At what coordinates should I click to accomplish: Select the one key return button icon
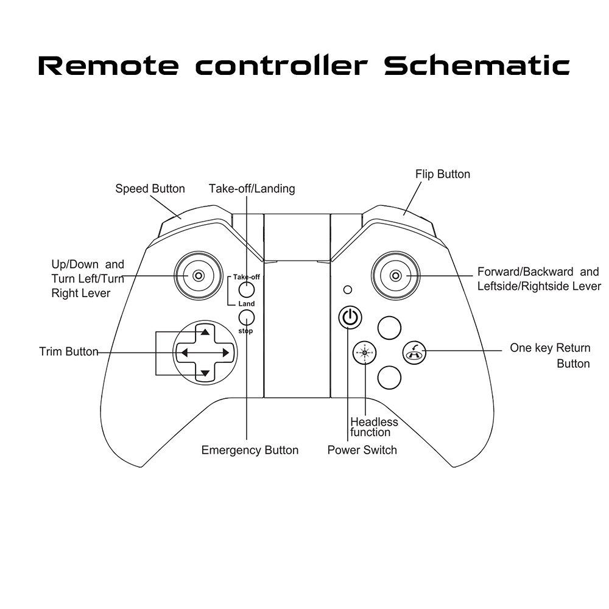[x=415, y=352]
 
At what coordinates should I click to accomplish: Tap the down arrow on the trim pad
[x=205, y=373]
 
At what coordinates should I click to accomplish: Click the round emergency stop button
[x=247, y=317]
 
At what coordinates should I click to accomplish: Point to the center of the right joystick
[x=396, y=276]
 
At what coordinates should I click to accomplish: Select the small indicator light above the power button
[x=348, y=289]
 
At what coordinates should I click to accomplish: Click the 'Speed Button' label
[x=150, y=189]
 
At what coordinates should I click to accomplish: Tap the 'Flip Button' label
[x=443, y=174]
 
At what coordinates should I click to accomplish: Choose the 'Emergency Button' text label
[x=250, y=451]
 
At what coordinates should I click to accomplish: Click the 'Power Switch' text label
[x=362, y=451]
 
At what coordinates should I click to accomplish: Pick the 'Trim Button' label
[x=69, y=352]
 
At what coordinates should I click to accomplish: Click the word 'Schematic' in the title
[x=477, y=66]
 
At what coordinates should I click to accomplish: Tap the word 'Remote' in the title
[x=109, y=66]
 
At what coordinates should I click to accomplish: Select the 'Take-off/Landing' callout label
[x=252, y=189]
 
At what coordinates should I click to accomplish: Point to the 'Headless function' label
[x=374, y=427]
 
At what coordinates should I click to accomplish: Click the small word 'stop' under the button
[x=245, y=331]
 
